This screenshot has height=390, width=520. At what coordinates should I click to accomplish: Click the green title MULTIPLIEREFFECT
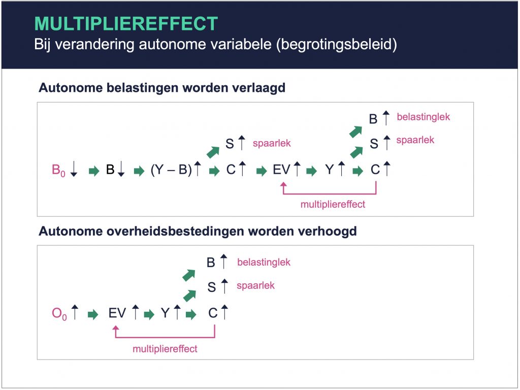point(126,23)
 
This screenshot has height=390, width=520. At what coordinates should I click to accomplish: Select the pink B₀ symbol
point(58,170)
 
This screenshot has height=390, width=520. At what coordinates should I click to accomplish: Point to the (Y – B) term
point(171,170)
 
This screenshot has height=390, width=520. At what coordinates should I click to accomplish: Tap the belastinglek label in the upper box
point(424,117)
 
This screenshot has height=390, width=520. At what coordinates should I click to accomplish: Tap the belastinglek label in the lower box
point(264,263)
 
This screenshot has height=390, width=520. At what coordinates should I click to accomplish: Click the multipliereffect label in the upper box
point(333,204)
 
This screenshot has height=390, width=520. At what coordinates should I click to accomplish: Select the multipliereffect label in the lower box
point(165,349)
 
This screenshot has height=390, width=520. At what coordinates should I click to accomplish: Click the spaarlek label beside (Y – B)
point(272,143)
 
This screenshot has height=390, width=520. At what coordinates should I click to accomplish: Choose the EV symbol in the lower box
point(117,313)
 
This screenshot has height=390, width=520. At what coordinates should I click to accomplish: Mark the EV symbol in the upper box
point(281,170)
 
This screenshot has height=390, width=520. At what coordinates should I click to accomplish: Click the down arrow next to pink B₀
point(74,169)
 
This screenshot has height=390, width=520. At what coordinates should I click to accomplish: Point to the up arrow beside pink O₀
point(75,312)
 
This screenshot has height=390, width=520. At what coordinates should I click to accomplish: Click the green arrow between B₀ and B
point(94,171)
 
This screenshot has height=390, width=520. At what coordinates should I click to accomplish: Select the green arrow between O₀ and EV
point(93,314)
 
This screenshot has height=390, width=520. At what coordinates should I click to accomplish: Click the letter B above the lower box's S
point(211,263)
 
